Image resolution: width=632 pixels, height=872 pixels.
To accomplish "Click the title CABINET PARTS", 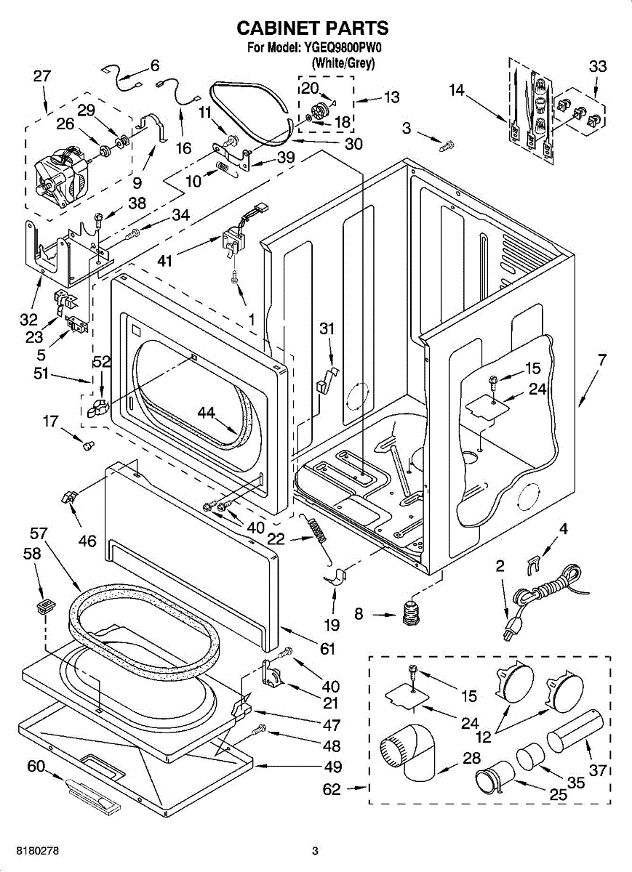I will (313, 28).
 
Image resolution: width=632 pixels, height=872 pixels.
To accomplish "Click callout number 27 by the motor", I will (42, 76).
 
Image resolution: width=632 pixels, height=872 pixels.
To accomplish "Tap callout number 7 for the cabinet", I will (601, 360).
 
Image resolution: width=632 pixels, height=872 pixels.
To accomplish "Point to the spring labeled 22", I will (318, 536).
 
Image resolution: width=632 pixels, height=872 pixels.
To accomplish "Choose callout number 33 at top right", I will (597, 67).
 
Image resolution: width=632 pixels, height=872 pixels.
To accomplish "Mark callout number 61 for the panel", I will (327, 649).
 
